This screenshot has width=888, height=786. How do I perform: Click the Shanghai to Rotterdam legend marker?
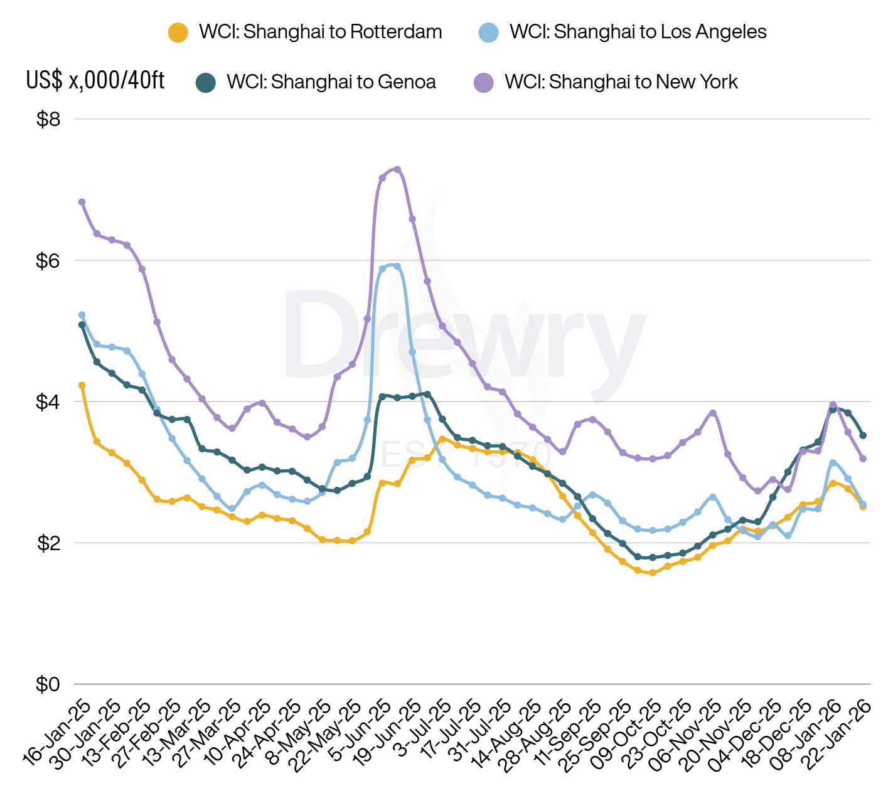point(178,33)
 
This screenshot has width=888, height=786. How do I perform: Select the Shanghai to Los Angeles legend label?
point(638,32)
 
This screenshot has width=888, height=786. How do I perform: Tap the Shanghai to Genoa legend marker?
point(205,83)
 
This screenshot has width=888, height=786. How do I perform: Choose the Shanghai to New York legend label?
point(621,82)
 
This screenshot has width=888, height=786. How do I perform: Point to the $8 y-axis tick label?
point(48,119)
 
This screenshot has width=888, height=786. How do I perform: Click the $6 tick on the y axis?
point(48,260)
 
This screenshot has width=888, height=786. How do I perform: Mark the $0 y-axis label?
point(48,684)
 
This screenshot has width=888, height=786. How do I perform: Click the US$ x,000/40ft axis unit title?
point(95,80)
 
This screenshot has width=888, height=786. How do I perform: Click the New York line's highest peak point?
point(397,169)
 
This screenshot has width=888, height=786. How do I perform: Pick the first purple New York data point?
point(82,202)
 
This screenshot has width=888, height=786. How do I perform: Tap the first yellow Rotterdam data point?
point(82,385)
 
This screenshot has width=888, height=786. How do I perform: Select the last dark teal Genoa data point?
point(863,435)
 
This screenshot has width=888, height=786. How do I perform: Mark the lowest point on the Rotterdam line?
point(653,573)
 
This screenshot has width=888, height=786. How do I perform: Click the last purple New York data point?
point(863,459)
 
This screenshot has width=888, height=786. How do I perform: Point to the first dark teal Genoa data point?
point(82,325)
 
